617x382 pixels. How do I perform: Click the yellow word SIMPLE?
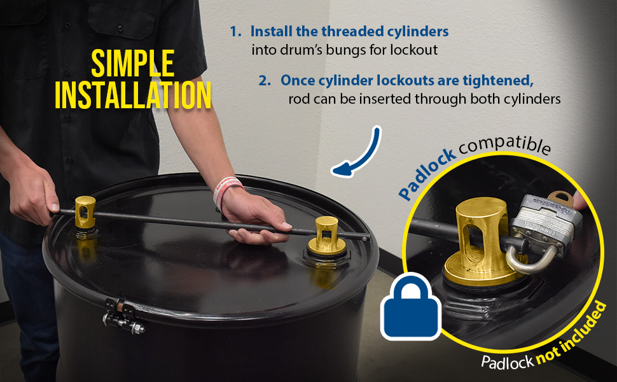click(x=132, y=63)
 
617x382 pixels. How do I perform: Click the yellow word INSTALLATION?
click(x=133, y=95)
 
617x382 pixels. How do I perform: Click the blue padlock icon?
click(x=411, y=306)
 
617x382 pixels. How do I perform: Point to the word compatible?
click(x=505, y=144)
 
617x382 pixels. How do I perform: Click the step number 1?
click(x=235, y=31)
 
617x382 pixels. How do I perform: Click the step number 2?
click(x=265, y=80)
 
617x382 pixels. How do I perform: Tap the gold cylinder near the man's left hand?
click(x=85, y=213)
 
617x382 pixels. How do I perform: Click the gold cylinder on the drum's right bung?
click(x=326, y=236)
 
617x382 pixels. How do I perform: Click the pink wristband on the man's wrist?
click(x=226, y=190)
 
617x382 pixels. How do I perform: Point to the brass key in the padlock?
click(x=561, y=198)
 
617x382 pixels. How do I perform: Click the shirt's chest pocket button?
click(x=120, y=29)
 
